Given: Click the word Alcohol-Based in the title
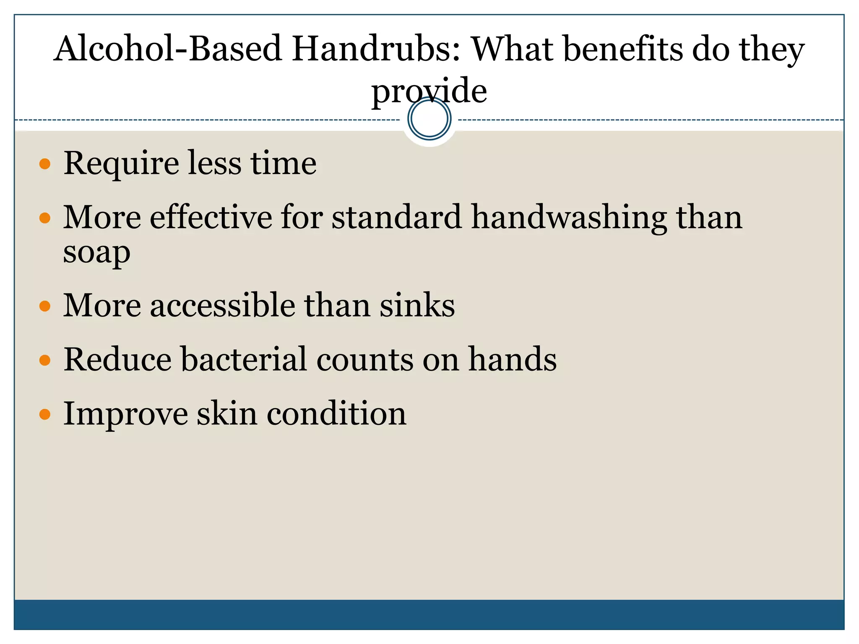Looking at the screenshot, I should [x=168, y=49].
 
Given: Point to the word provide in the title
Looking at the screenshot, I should [x=429, y=91].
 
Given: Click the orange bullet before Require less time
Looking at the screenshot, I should [x=45, y=164].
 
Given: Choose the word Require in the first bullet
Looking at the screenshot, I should [x=121, y=164].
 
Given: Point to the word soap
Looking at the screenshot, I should [x=96, y=253].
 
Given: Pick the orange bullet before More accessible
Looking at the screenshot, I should [x=45, y=306].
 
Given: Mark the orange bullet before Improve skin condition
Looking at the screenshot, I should [x=45, y=415].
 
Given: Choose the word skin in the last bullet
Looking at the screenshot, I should [x=227, y=414].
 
